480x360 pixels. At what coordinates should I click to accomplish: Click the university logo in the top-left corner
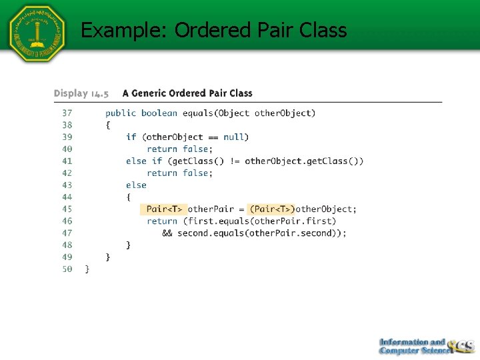coord(37,33)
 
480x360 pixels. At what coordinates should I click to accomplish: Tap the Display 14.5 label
coord(81,93)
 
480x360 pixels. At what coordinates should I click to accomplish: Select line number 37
coord(67,113)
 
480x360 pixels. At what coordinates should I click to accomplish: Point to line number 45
coord(67,209)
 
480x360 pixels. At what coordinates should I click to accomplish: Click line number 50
coord(67,269)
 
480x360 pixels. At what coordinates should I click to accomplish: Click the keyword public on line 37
coord(121,113)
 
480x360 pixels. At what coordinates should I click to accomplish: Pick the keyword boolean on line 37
coord(160,113)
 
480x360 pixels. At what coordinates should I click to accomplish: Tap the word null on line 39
coord(233,137)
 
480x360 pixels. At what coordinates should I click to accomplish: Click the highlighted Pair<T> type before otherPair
coord(164,209)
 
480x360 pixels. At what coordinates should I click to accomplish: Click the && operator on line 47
coord(167,233)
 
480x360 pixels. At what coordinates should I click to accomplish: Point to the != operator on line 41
coord(236,161)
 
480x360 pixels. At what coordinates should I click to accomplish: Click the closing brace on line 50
coord(87,269)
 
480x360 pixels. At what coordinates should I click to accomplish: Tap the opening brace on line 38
coord(108,125)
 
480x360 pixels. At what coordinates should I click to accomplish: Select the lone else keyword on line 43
coord(136,185)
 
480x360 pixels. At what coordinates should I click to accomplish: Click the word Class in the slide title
coord(323,30)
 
